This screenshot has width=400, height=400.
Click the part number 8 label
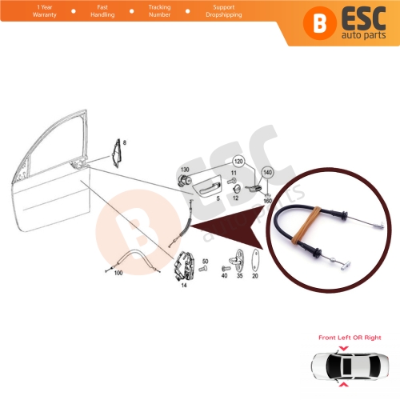(x=124, y=142)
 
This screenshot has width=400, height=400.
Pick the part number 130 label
(x=185, y=170)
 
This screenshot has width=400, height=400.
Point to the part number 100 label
(x=118, y=274)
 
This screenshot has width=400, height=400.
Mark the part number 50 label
(x=205, y=262)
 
